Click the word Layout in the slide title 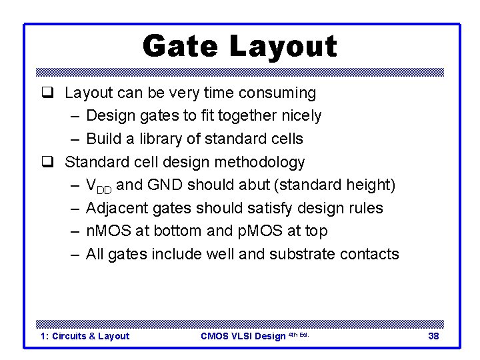[x=283, y=47]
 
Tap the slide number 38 [x=433, y=336]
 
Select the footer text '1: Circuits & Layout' [x=85, y=336]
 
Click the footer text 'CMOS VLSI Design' [x=243, y=336]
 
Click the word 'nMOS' [x=108, y=231]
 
